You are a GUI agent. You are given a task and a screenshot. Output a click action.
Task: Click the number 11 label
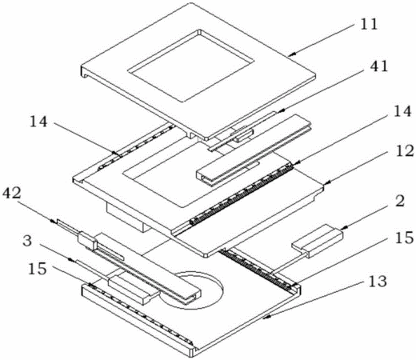[x=369, y=25]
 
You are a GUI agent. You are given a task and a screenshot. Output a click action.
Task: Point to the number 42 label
[x=11, y=193]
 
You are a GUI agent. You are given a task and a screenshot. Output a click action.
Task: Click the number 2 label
[x=399, y=202]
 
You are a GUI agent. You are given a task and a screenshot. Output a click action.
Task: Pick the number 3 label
[x=27, y=241]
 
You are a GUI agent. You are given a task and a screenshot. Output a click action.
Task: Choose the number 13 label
[x=377, y=281]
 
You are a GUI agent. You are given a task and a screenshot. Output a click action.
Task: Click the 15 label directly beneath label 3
[x=38, y=269]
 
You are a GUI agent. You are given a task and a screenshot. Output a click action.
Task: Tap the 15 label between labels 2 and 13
[x=404, y=238]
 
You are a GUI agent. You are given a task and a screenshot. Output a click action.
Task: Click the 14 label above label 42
[x=38, y=122]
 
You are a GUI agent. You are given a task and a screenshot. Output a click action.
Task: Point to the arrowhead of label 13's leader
[x=265, y=318]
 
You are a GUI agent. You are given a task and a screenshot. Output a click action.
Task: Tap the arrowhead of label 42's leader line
[x=54, y=221]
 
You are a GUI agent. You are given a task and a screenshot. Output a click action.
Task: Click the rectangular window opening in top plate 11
[x=191, y=66]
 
